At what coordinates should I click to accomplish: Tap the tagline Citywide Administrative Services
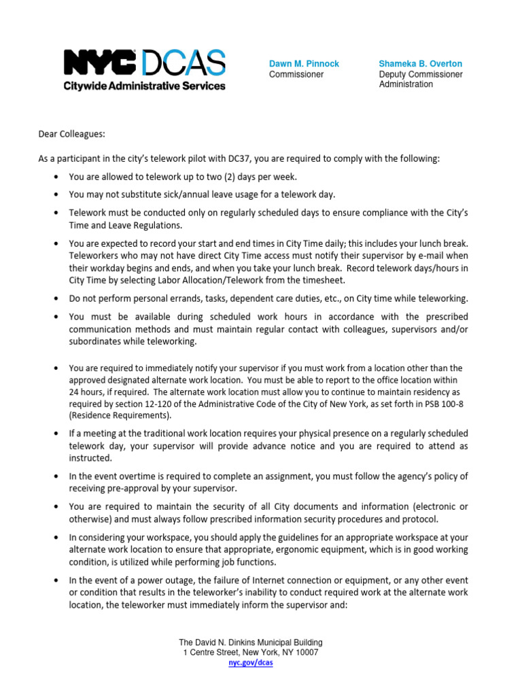click(144, 86)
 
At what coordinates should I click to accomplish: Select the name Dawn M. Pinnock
click(304, 64)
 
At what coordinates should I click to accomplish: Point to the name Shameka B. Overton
click(420, 64)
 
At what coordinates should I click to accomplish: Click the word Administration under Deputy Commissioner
click(406, 84)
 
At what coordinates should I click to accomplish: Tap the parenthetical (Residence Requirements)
click(120, 415)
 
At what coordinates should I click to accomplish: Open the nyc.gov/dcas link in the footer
click(250, 663)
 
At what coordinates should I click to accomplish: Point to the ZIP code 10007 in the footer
click(304, 652)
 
